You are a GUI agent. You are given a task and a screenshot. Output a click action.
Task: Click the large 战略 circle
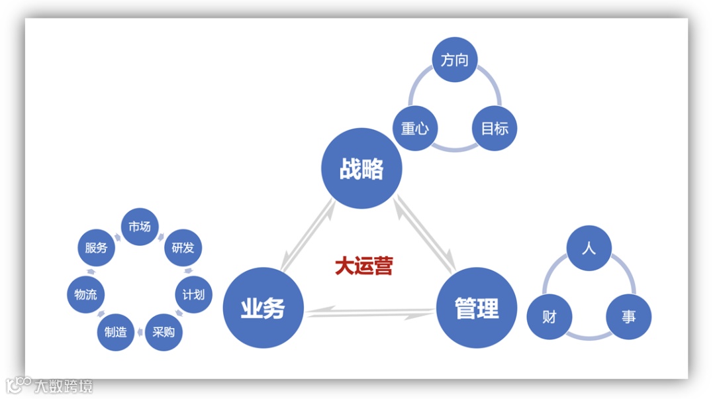[361, 168]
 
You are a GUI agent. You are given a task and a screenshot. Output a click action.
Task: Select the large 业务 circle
[263, 308]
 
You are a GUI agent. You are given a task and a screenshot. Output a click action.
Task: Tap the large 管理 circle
[477, 308]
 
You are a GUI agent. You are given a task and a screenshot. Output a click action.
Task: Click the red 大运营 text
[363, 266]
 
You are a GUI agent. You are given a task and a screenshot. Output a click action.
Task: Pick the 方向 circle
[455, 60]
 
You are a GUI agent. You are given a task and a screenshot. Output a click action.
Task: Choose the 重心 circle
[415, 128]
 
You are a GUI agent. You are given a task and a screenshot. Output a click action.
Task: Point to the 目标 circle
[495, 128]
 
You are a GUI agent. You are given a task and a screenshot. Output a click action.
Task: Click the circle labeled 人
[589, 249]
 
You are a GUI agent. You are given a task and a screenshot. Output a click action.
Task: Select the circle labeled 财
[549, 317]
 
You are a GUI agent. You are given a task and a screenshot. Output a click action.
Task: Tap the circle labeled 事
[628, 317]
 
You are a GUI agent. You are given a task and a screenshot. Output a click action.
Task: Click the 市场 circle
[140, 227]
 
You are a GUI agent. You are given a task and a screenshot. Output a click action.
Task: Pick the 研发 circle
[183, 248]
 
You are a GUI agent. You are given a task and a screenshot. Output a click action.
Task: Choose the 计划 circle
[193, 294]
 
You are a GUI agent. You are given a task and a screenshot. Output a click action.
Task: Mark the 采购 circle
[164, 331]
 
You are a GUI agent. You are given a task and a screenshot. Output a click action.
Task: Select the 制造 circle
[116, 331]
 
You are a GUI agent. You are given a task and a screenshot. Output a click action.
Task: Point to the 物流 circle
[86, 294]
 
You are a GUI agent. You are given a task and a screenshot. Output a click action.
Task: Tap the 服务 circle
[96, 248]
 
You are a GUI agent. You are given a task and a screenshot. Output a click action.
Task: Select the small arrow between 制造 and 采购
[140, 332]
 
